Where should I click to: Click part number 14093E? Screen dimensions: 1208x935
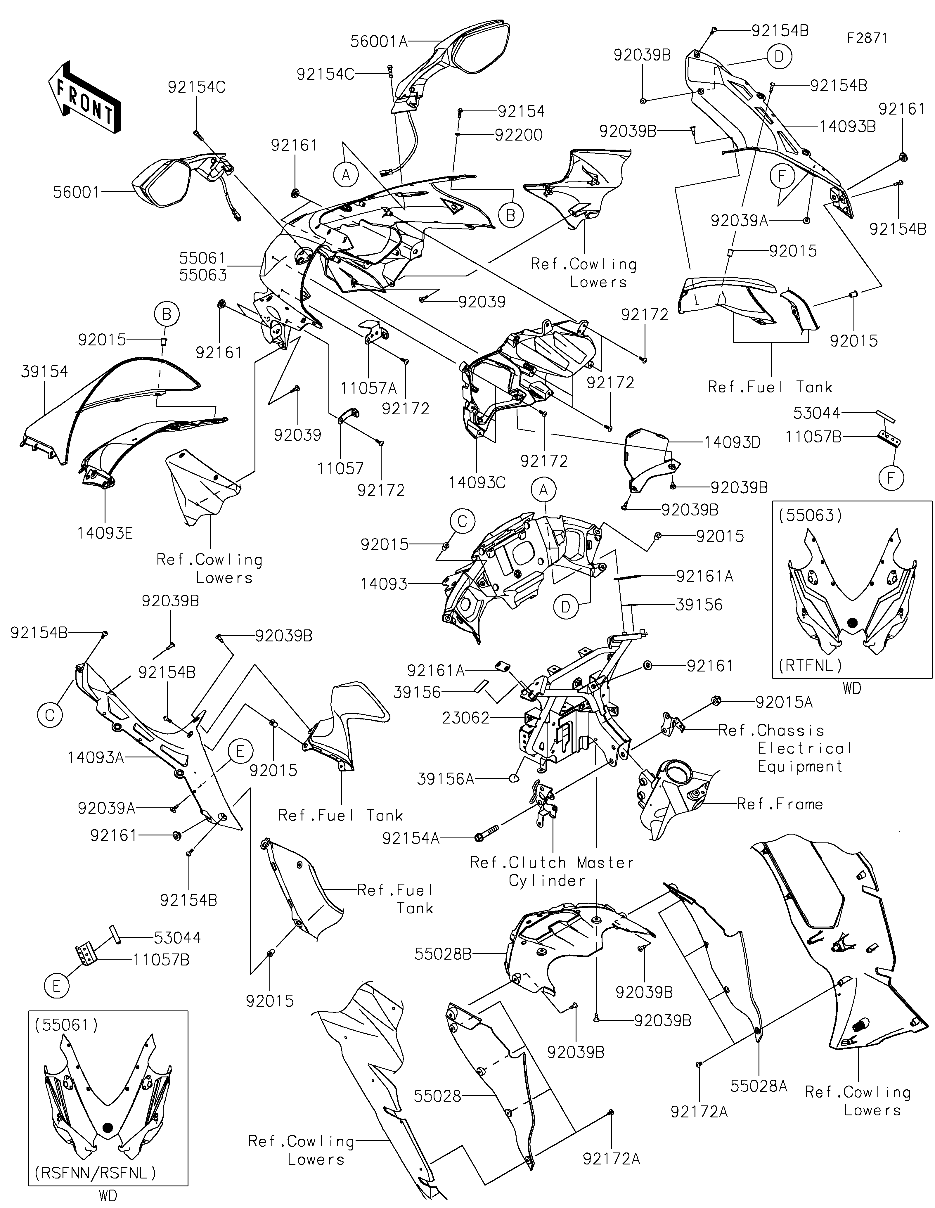[x=105, y=533]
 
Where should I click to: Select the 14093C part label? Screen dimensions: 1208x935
[x=477, y=483]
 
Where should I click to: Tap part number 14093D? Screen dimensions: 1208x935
[x=733, y=442]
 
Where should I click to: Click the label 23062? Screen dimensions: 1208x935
[x=466, y=718]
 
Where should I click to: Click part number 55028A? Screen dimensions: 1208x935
[x=759, y=1086]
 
